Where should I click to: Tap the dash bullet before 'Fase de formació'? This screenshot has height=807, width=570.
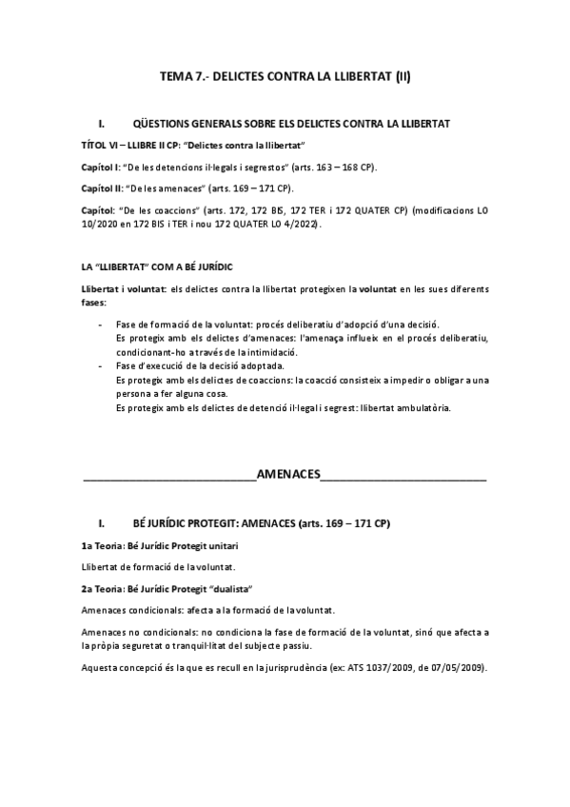(x=102, y=325)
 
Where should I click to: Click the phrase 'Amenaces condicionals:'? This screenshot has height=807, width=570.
(x=129, y=609)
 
